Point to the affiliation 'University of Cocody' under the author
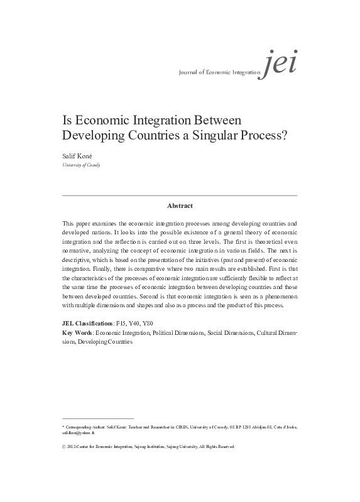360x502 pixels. click(81, 165)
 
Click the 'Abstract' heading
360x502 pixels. click(180, 205)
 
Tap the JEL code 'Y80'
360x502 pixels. click(154, 322)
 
